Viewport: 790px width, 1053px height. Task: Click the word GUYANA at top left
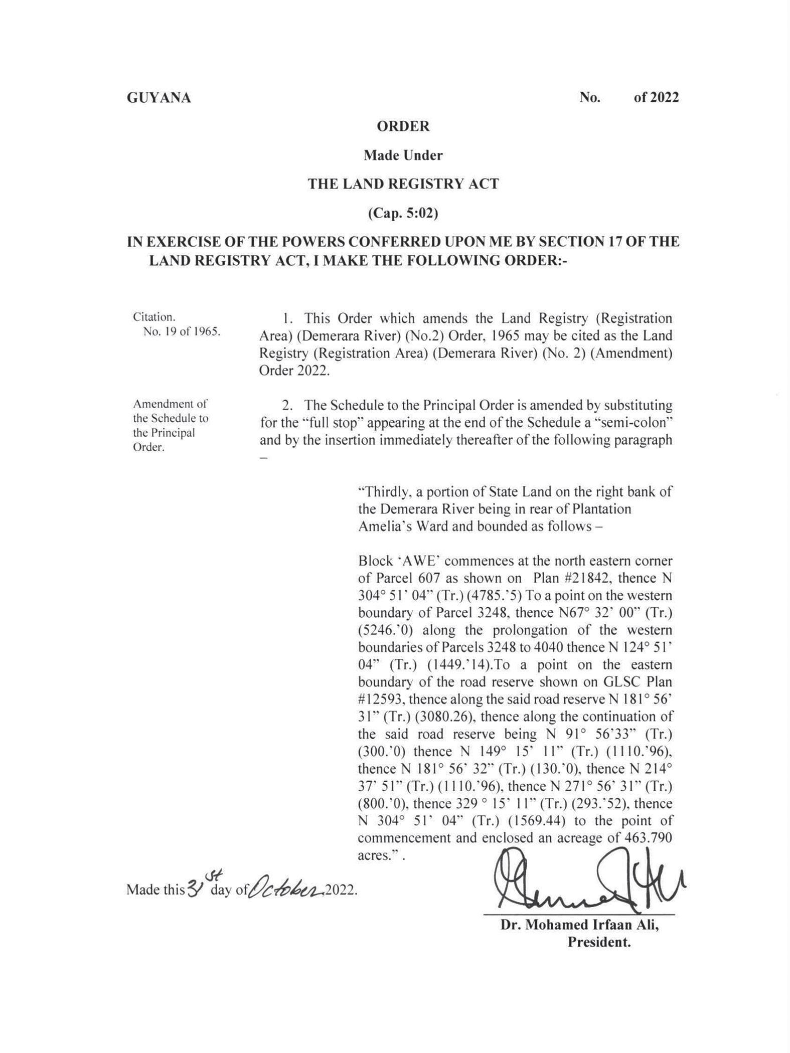click(159, 98)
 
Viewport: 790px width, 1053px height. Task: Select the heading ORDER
click(403, 126)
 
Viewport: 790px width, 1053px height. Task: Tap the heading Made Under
click(403, 155)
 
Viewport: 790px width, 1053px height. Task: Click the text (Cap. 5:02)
click(403, 214)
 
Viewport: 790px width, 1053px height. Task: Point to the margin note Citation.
click(154, 317)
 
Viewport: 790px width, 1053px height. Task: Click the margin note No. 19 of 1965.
click(182, 331)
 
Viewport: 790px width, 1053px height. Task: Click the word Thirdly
click(384, 491)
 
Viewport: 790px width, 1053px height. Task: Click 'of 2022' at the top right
click(656, 97)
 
